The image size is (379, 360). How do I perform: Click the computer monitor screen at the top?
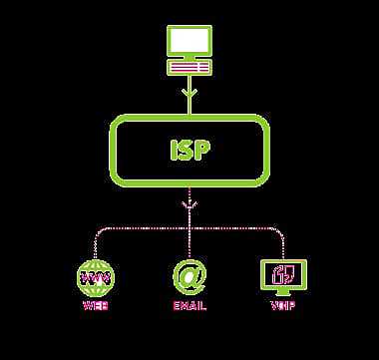tap(188, 41)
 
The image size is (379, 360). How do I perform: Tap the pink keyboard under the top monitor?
tap(188, 68)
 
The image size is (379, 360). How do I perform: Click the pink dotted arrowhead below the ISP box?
tap(188, 206)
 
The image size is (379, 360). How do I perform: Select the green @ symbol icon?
tap(188, 273)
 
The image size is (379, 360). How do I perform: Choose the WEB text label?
tap(96, 305)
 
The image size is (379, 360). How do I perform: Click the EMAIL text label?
tap(188, 305)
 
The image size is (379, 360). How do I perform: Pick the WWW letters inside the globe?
tap(96, 273)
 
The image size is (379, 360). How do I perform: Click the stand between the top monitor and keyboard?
tap(188, 58)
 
